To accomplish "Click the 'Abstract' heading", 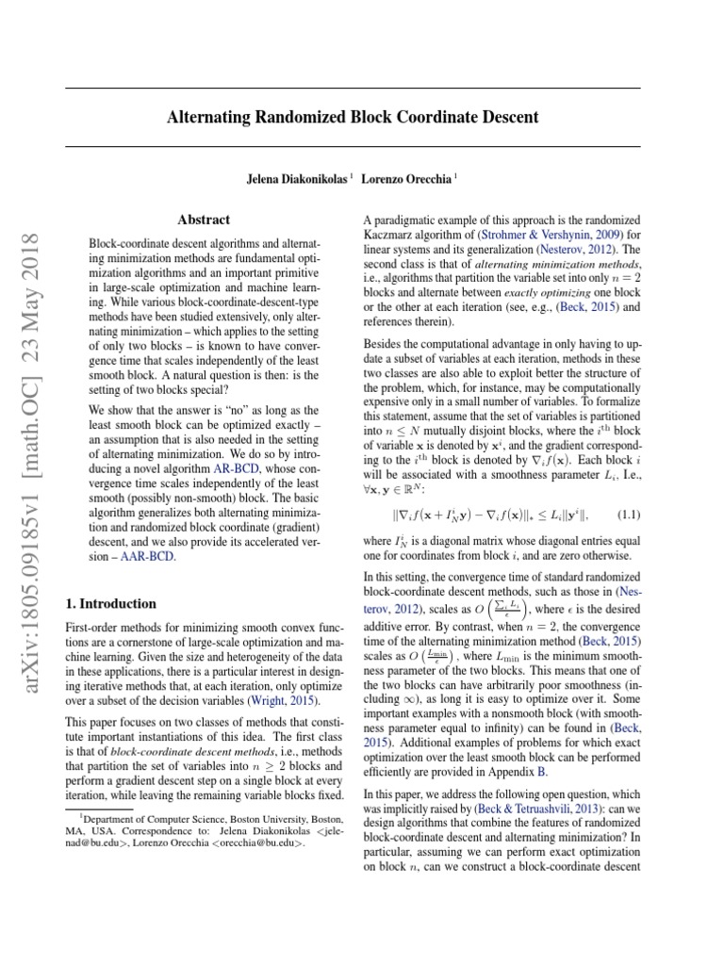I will [x=204, y=220].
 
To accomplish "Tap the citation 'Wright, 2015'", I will [x=287, y=701].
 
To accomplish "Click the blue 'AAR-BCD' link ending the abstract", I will [x=148, y=557].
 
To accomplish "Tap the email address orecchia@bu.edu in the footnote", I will [x=260, y=842].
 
